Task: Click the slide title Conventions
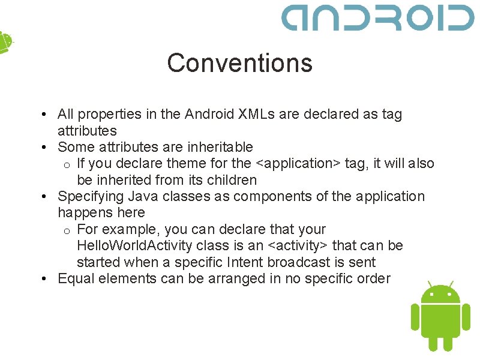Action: click(239, 63)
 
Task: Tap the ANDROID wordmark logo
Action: click(378, 17)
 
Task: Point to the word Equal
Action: click(76, 278)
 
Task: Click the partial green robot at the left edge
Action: click(5, 42)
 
